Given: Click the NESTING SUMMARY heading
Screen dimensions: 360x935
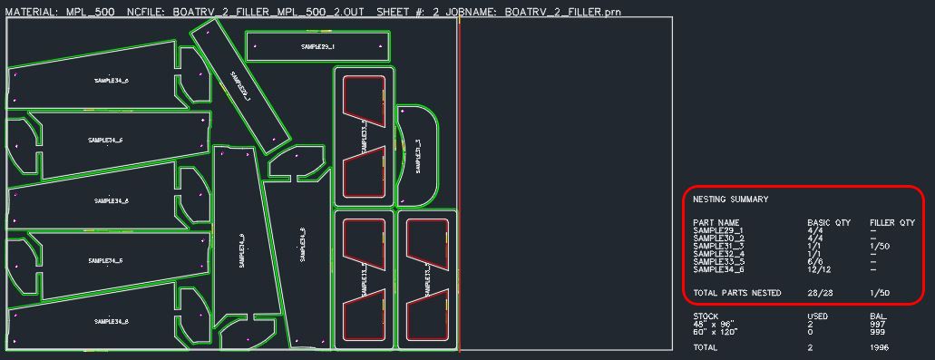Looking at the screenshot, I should [730, 199].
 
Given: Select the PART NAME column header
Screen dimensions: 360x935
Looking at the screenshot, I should [716, 222].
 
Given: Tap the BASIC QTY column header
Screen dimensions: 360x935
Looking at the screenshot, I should [829, 222].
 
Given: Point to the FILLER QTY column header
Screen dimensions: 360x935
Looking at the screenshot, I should [891, 222].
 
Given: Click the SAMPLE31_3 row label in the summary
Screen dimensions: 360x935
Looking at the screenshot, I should [718, 246].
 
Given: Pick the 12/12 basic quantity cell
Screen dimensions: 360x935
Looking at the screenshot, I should [820, 269].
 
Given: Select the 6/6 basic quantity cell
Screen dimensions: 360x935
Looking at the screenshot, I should [816, 262].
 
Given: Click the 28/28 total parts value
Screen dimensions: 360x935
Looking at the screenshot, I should [820, 293].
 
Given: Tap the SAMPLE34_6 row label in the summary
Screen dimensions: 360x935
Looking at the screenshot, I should [718, 269].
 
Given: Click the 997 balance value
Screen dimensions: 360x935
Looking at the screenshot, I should [876, 325].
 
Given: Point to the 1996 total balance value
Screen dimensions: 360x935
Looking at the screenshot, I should [878, 347].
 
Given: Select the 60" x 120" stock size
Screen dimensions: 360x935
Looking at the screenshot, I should [716, 332].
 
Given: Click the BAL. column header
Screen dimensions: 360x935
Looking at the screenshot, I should [876, 316].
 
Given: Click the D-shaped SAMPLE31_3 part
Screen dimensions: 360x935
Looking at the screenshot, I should [418, 154].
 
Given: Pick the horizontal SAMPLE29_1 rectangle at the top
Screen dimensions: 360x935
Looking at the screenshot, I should [317, 46].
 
